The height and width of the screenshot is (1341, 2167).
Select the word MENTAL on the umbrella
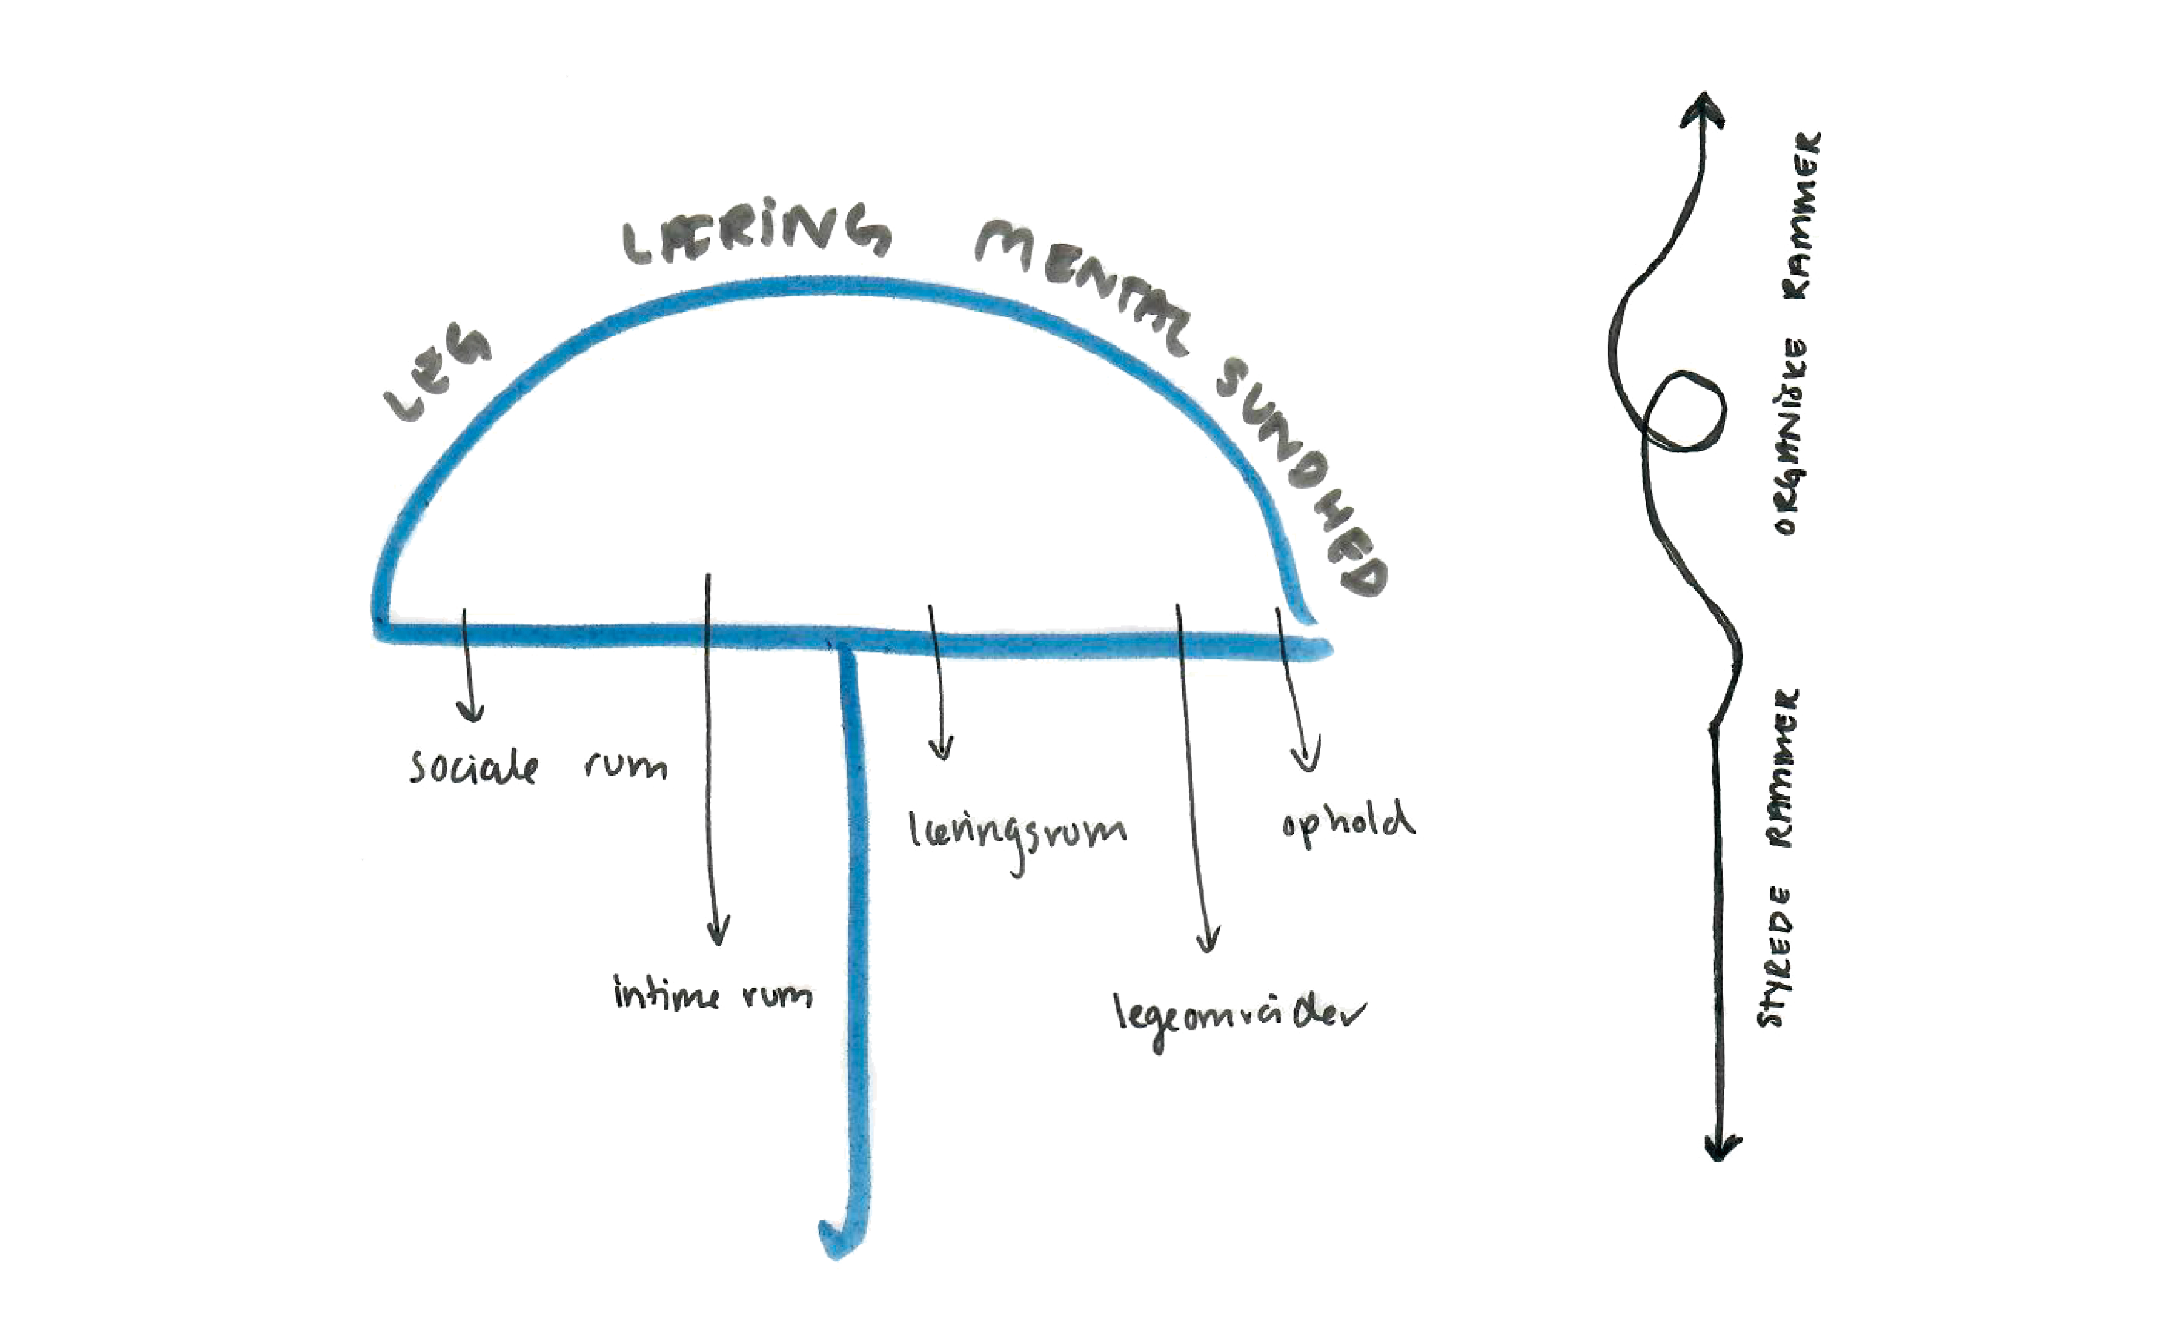click(1087, 284)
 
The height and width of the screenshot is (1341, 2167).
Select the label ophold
click(1347, 823)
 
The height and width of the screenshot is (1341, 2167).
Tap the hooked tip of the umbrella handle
click(836, 1242)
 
